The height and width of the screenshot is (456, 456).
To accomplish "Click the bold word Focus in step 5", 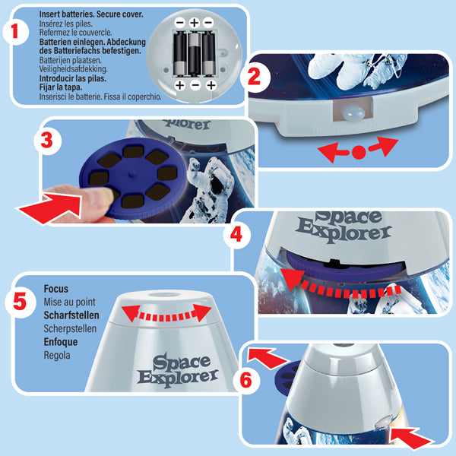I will (x=57, y=290).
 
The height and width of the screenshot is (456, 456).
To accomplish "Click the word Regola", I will (x=60, y=354).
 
